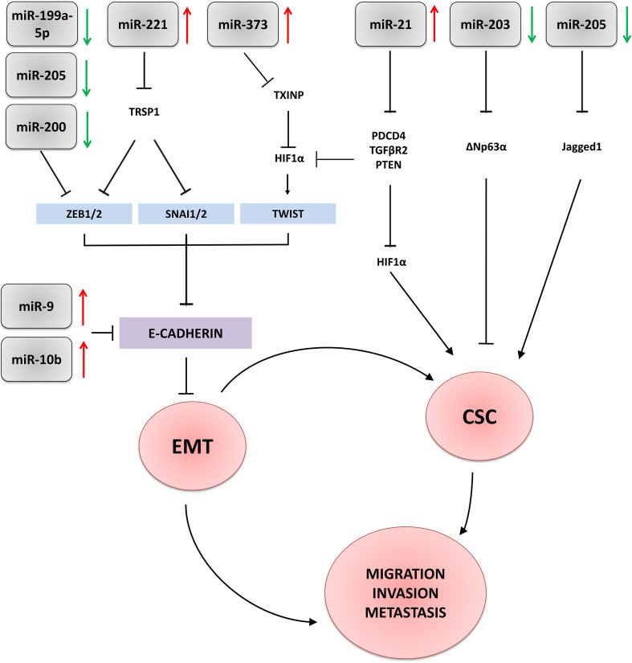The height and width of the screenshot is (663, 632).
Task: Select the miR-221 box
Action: [137, 24]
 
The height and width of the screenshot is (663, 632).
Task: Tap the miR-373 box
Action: [238, 24]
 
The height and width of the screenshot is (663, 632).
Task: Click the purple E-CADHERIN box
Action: [186, 333]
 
